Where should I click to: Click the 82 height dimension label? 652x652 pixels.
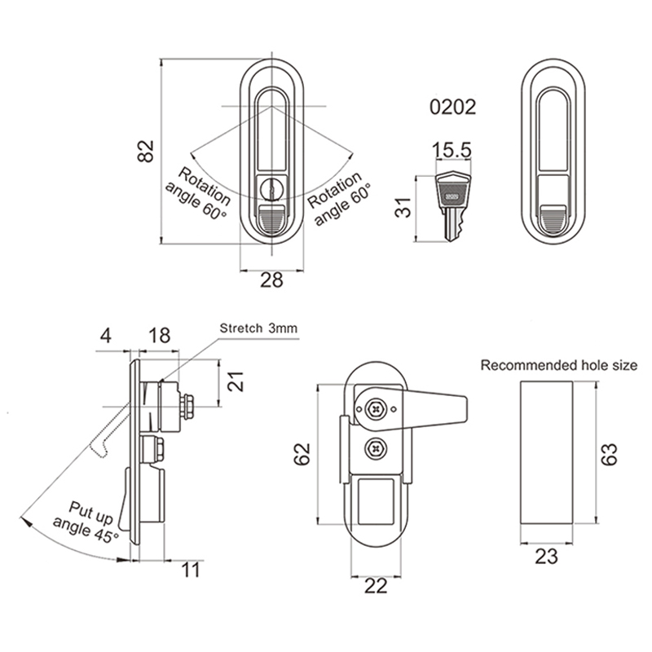[146, 152]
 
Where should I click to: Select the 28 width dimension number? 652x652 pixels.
[271, 280]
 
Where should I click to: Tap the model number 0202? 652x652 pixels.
[453, 108]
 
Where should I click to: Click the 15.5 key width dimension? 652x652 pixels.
[452, 150]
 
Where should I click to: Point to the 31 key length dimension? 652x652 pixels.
[403, 208]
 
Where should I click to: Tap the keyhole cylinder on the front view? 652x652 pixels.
[271, 190]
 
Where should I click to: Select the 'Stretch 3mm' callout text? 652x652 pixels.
[258, 328]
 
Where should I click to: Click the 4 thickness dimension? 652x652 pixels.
[106, 335]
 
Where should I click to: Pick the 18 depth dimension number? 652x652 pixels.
[159, 335]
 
